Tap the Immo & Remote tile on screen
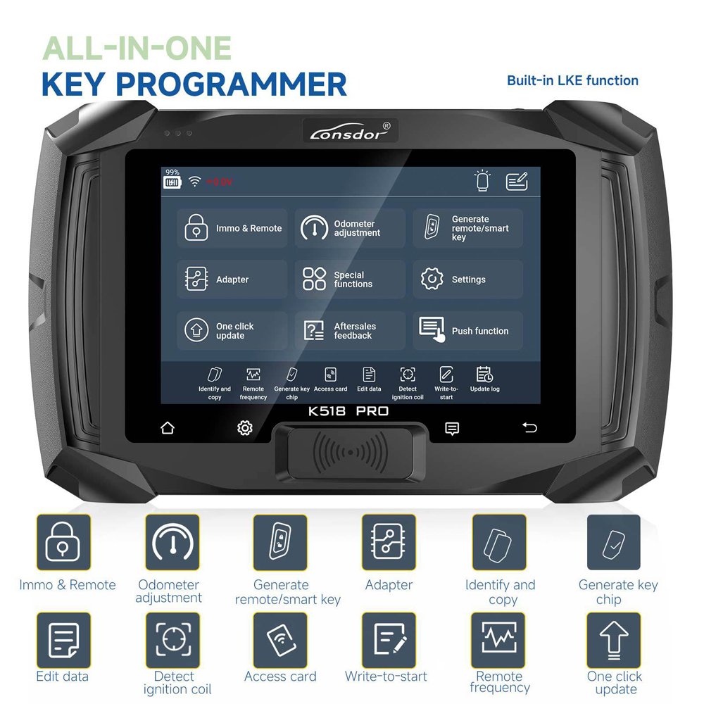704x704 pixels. point(232,228)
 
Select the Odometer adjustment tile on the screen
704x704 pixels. point(350,228)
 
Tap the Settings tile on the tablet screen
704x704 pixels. point(467,279)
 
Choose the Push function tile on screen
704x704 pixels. point(467,331)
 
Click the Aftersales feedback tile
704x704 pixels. point(350,331)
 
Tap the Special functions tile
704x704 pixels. point(350,279)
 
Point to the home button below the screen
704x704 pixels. point(168,428)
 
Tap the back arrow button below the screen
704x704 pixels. point(529,428)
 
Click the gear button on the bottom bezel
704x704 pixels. point(244,428)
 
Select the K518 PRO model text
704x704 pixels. point(348,411)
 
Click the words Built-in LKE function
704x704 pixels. point(572,80)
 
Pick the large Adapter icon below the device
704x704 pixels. point(389,542)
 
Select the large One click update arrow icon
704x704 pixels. point(614,639)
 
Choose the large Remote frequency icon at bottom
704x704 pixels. point(498,639)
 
